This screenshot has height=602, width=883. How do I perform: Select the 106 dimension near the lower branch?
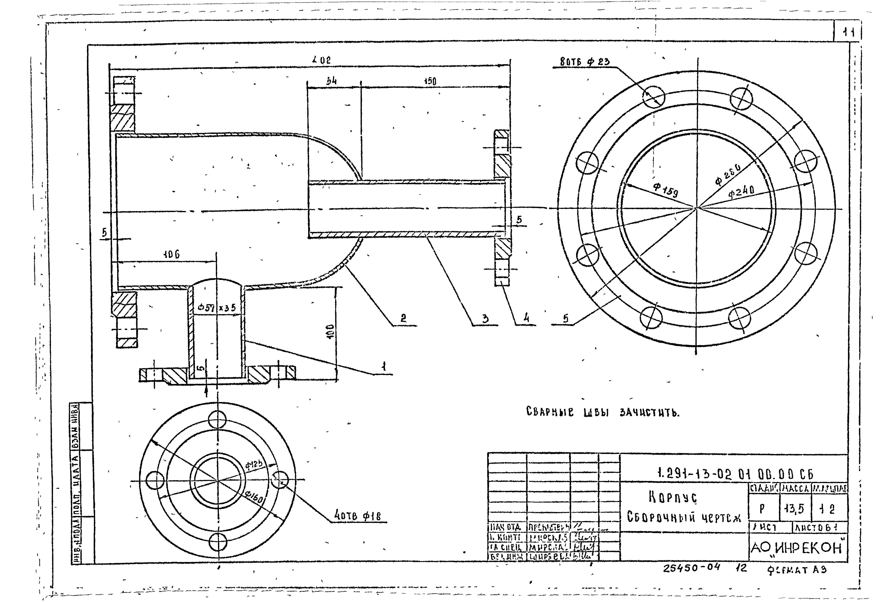(x=171, y=255)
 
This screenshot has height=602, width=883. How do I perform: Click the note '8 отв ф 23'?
(x=585, y=61)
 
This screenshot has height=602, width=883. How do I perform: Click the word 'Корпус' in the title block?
(x=672, y=497)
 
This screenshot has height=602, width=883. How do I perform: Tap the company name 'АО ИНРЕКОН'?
(x=798, y=548)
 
